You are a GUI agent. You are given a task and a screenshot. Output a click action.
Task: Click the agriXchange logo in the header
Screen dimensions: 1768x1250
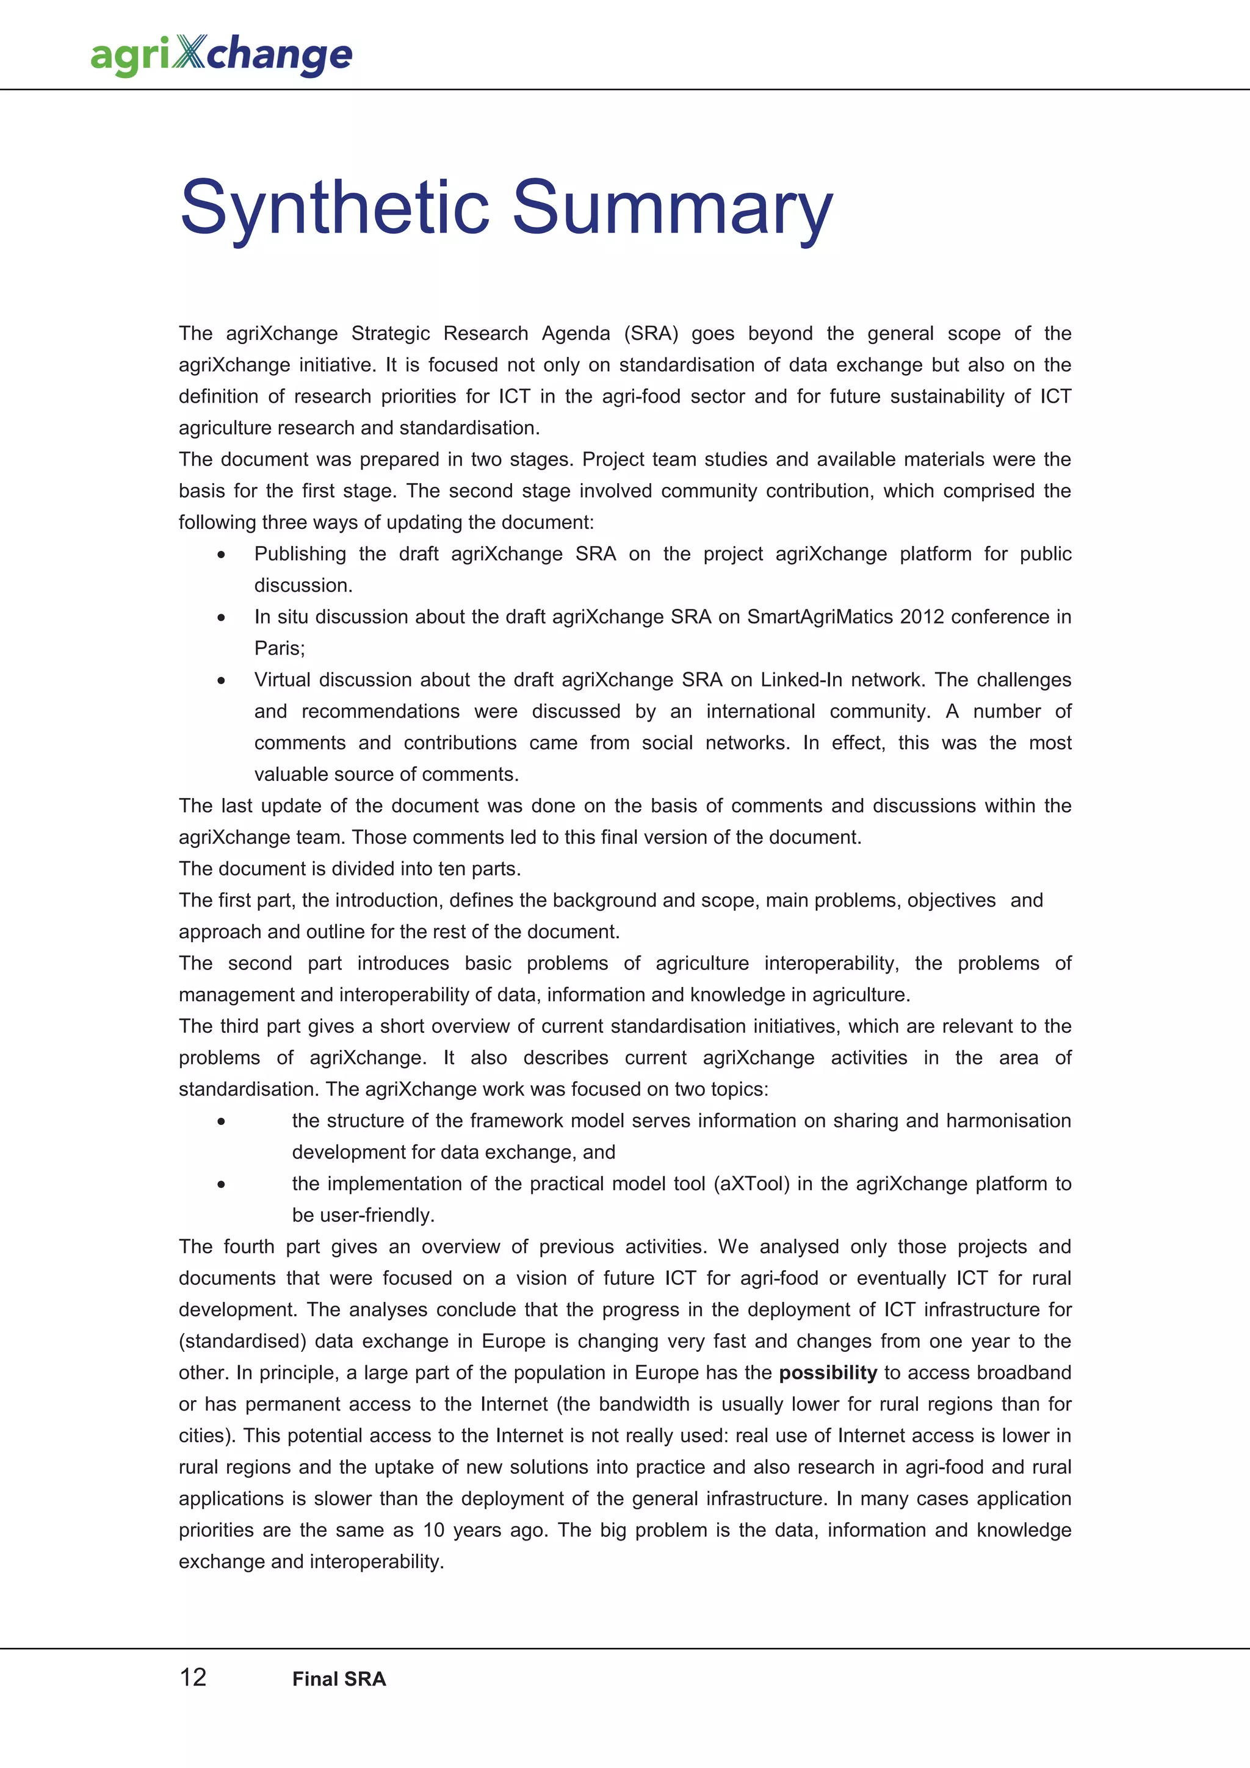tap(222, 55)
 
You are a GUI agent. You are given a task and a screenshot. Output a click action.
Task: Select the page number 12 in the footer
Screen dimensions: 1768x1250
tap(192, 1677)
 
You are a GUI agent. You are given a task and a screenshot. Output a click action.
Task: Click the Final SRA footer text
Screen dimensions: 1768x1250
tap(339, 1679)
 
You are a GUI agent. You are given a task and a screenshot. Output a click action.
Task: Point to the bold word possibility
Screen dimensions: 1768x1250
tap(828, 1373)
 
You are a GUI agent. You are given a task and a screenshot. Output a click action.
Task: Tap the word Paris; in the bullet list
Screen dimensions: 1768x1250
tap(280, 649)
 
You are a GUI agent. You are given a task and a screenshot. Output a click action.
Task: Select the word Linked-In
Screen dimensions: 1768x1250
tap(801, 680)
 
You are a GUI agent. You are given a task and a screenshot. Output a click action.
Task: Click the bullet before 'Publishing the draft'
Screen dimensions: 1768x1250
tap(221, 555)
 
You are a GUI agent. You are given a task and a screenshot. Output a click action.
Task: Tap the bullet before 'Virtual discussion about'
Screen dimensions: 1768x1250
tap(221, 681)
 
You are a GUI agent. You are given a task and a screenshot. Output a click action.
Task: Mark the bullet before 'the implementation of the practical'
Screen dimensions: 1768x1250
tap(221, 1184)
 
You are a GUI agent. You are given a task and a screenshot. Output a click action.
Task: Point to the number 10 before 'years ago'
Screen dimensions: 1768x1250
tap(433, 1530)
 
